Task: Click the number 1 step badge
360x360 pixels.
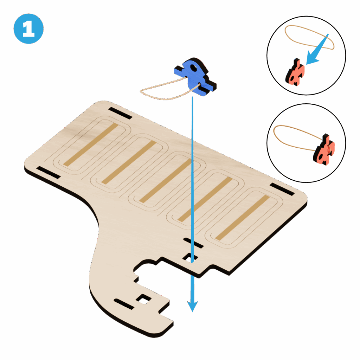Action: point(28,29)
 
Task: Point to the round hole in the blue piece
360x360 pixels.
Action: point(194,68)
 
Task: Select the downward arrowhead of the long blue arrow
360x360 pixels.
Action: point(192,306)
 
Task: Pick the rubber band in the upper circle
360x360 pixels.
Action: point(309,37)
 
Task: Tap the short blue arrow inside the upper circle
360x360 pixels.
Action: point(317,50)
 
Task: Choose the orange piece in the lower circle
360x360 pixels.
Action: point(324,149)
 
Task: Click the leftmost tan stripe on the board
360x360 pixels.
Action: point(91,144)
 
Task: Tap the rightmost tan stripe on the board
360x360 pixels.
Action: point(242,218)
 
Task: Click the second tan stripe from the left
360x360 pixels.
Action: point(129,162)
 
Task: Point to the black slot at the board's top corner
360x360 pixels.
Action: point(120,113)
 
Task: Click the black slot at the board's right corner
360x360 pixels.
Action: point(282,189)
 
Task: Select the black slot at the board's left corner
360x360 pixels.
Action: point(49,172)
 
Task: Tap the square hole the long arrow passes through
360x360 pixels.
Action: point(190,258)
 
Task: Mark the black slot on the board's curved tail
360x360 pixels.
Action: point(124,304)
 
